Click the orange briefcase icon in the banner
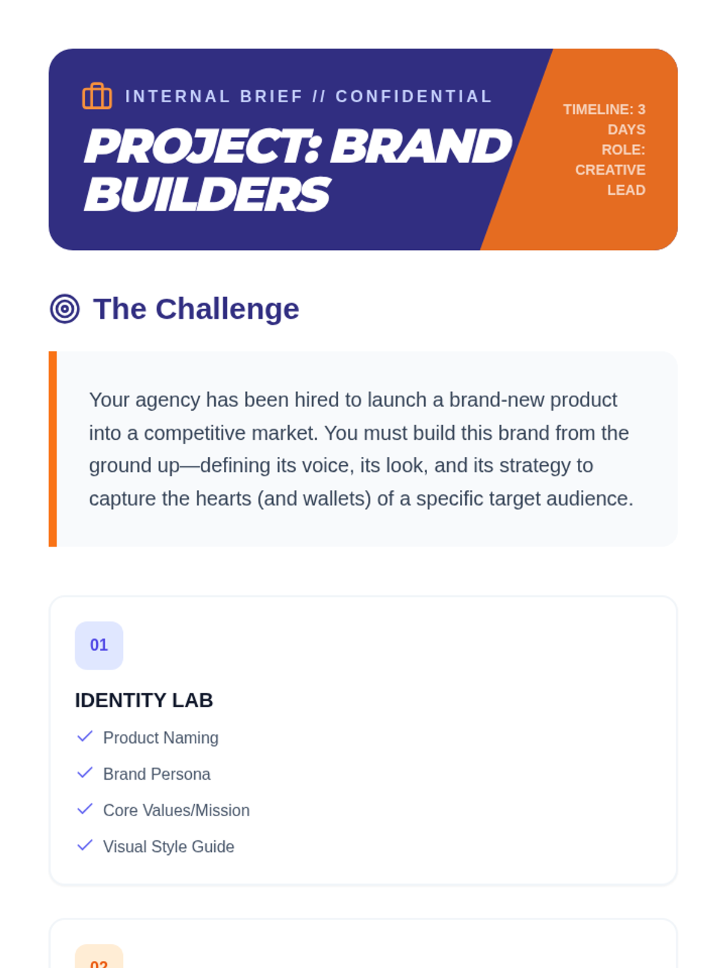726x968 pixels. click(x=97, y=96)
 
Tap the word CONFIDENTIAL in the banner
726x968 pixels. click(x=413, y=97)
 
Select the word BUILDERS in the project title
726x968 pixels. click(x=207, y=194)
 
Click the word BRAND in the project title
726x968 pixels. click(x=421, y=146)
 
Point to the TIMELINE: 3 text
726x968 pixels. click(x=604, y=110)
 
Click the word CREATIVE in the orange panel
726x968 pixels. click(x=610, y=170)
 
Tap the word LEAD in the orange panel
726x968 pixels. click(x=626, y=190)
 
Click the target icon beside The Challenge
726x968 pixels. click(x=65, y=309)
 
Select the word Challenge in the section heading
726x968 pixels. click(x=227, y=309)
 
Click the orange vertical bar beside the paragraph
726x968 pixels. click(x=53, y=449)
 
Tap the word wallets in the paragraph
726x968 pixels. click(x=336, y=499)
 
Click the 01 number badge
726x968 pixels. click(x=99, y=645)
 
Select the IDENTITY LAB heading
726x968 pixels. click(x=144, y=701)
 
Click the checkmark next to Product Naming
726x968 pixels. click(x=85, y=736)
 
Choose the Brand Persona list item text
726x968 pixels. click(x=157, y=774)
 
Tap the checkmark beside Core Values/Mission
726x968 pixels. click(x=85, y=809)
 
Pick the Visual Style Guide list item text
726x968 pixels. click(x=168, y=847)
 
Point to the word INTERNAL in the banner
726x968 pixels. click(x=177, y=97)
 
